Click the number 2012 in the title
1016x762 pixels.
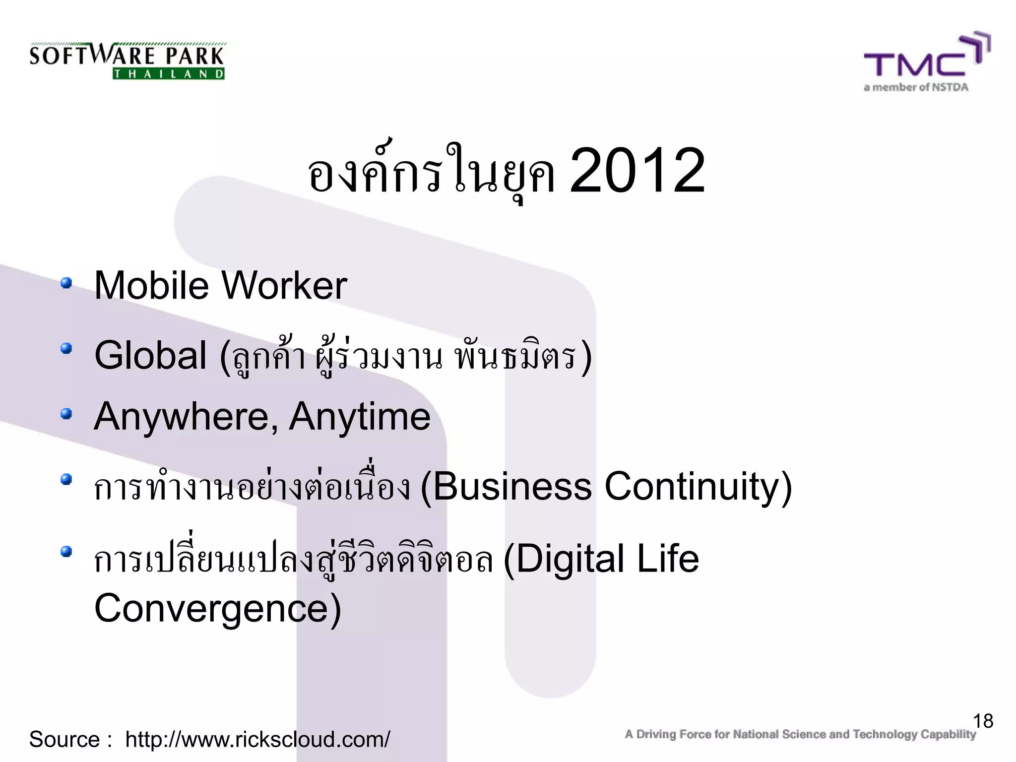pyautogui.click(x=637, y=172)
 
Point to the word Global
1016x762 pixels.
pyautogui.click(x=150, y=355)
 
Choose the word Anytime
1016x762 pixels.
pyautogui.click(x=360, y=417)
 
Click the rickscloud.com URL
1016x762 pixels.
pyautogui.click(x=257, y=739)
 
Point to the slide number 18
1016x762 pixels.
pyautogui.click(x=983, y=721)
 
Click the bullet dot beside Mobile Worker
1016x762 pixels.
pyautogui.click(x=66, y=283)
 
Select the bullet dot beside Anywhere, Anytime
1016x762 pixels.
pyautogui.click(x=66, y=414)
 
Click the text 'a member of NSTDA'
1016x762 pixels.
pyautogui.click(x=916, y=88)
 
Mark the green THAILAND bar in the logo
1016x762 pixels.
pyautogui.click(x=169, y=74)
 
